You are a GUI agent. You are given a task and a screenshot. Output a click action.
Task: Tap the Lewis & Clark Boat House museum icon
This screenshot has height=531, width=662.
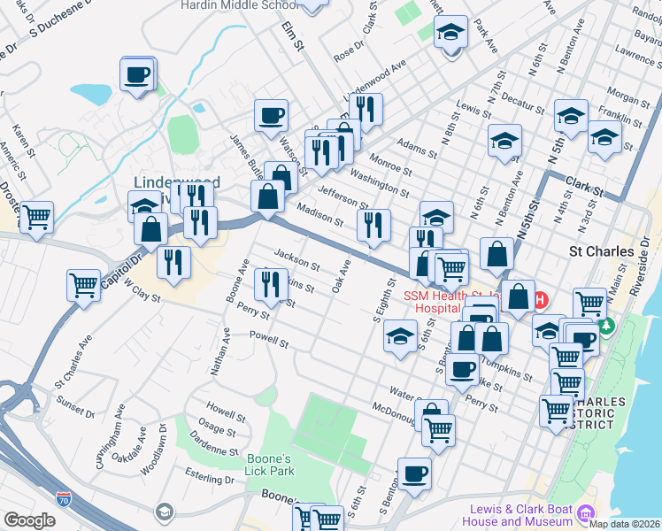585,512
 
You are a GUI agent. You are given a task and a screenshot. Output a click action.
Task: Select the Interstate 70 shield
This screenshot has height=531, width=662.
63,499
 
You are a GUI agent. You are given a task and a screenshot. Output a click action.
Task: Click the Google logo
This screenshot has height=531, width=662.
29,520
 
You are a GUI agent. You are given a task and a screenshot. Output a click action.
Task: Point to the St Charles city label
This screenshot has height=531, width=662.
602,251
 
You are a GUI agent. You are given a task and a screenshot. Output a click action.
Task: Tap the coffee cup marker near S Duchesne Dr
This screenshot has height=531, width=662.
137,75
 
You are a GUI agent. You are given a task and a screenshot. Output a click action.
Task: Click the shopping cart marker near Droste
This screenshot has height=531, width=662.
36,217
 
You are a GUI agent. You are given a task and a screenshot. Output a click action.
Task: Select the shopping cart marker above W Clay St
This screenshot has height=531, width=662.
83,285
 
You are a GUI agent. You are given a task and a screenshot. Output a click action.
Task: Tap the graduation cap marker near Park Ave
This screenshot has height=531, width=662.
450,34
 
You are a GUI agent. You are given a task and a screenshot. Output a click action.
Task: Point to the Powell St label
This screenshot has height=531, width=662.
269,337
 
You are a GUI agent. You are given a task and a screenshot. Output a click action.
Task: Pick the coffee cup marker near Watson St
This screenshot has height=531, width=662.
271,114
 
